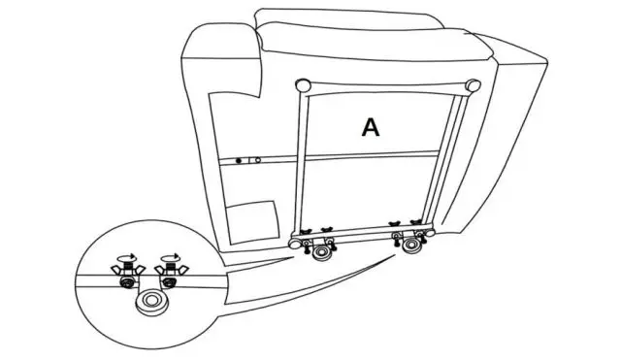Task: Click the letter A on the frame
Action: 370,127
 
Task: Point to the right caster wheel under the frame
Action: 414,245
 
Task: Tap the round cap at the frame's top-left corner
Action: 305,85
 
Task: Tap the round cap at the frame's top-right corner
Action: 474,84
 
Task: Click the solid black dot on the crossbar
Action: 240,158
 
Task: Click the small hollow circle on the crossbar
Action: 257,158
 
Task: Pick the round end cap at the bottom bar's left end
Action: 292,244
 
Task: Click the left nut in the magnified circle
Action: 127,283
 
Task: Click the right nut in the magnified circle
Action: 172,284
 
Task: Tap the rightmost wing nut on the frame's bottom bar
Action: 417,224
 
